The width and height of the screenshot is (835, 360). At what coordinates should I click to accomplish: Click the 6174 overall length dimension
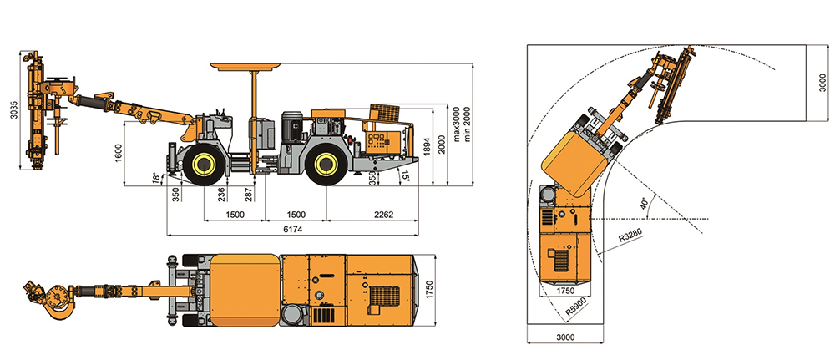pos(292,229)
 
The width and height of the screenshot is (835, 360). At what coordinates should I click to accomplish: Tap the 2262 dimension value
pos(383,215)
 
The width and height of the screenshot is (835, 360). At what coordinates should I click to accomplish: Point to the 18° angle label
pos(155,176)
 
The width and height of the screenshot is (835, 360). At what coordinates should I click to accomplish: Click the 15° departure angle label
pos(407,176)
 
